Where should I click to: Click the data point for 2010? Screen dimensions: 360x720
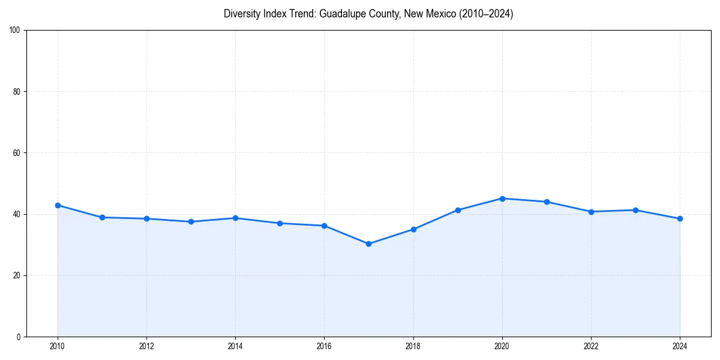[58, 205]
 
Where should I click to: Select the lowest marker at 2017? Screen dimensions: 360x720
[368, 244]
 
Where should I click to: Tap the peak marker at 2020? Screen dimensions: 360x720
[502, 199]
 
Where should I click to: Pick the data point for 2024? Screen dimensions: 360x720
[680, 218]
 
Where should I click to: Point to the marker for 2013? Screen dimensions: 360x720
[191, 221]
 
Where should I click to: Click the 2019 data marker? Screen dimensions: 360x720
[458, 210]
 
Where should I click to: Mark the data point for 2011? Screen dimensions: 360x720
[102, 217]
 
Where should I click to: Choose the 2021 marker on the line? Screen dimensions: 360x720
[547, 202]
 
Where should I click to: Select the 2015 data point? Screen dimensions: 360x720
[280, 223]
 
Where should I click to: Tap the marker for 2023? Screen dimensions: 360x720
[635, 210]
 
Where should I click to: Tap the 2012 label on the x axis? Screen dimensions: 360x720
[146, 346]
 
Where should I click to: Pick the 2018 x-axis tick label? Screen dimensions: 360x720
[413, 346]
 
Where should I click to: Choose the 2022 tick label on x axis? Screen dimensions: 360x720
[591, 346]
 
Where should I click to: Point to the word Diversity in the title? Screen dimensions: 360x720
[242, 14]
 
